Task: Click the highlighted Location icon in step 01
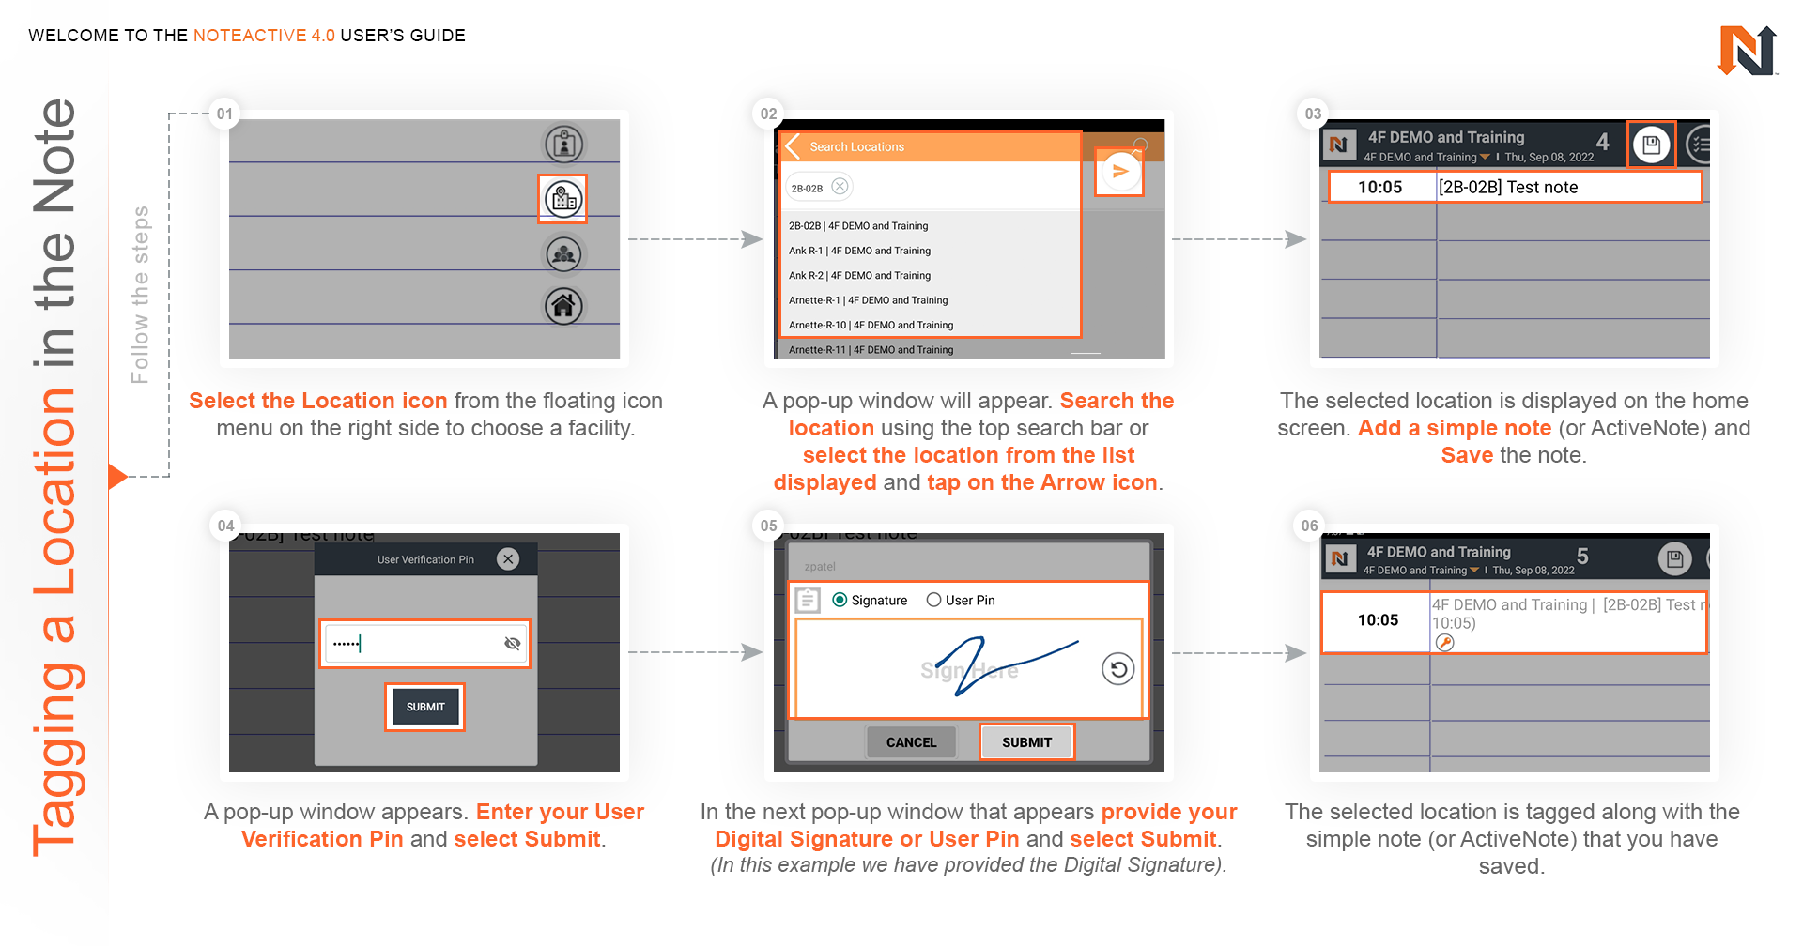563,199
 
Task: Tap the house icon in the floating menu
563,306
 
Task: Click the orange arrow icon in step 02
1119,172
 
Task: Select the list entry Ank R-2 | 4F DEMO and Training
859,276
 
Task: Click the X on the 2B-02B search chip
840,187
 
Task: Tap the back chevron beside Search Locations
793,146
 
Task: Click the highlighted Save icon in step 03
1651,145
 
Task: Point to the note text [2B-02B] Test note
1508,188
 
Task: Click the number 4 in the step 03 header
1603,142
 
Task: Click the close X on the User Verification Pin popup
508,559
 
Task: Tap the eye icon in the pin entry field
512,643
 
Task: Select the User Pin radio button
934,601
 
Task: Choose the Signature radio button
840,601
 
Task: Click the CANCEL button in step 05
911,742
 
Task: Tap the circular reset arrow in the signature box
1117,669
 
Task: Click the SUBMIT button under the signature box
1026,742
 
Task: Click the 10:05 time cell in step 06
1378,620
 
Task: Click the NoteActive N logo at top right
1747,51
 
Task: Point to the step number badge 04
226,526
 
